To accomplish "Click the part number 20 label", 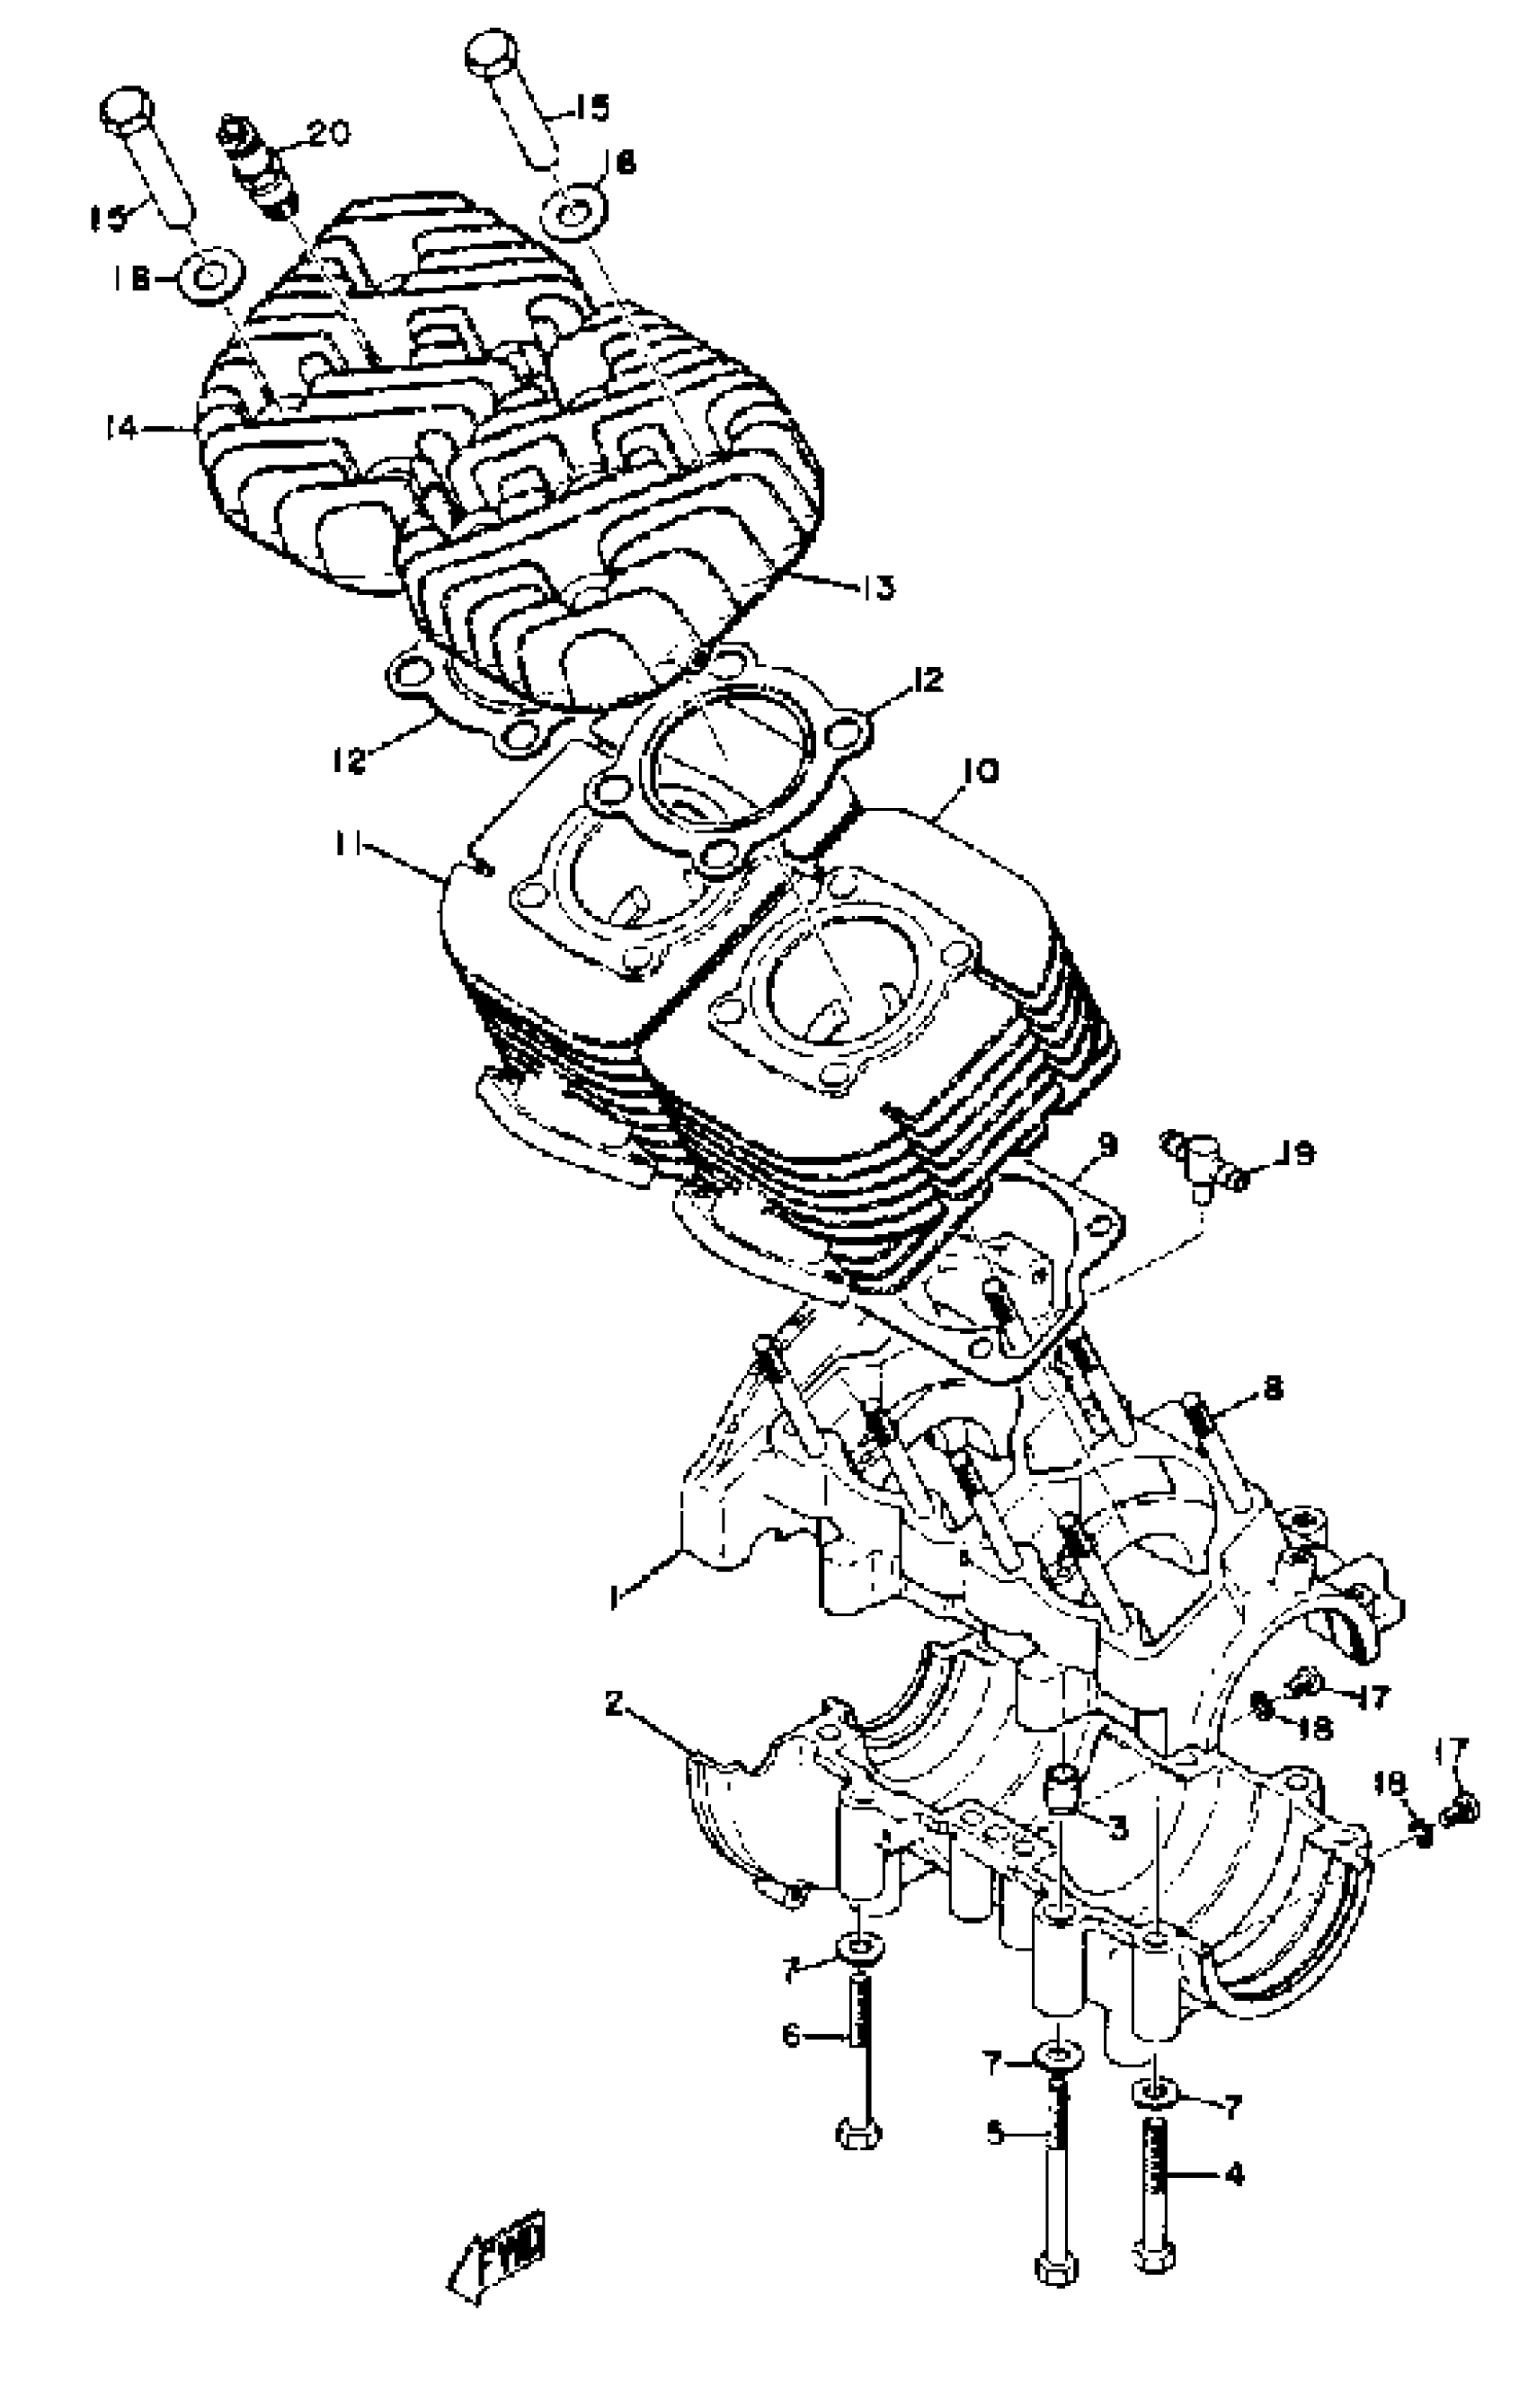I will coord(329,133).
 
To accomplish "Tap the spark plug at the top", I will coord(256,164).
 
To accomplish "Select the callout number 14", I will coord(121,429).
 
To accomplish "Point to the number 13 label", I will coord(879,587).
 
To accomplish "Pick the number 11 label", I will coord(347,844).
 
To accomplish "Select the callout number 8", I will coord(1274,1385).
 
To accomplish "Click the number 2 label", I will coord(615,1704).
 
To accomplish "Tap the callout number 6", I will coord(791,2036).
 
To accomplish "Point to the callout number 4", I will coord(1234,2175).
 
